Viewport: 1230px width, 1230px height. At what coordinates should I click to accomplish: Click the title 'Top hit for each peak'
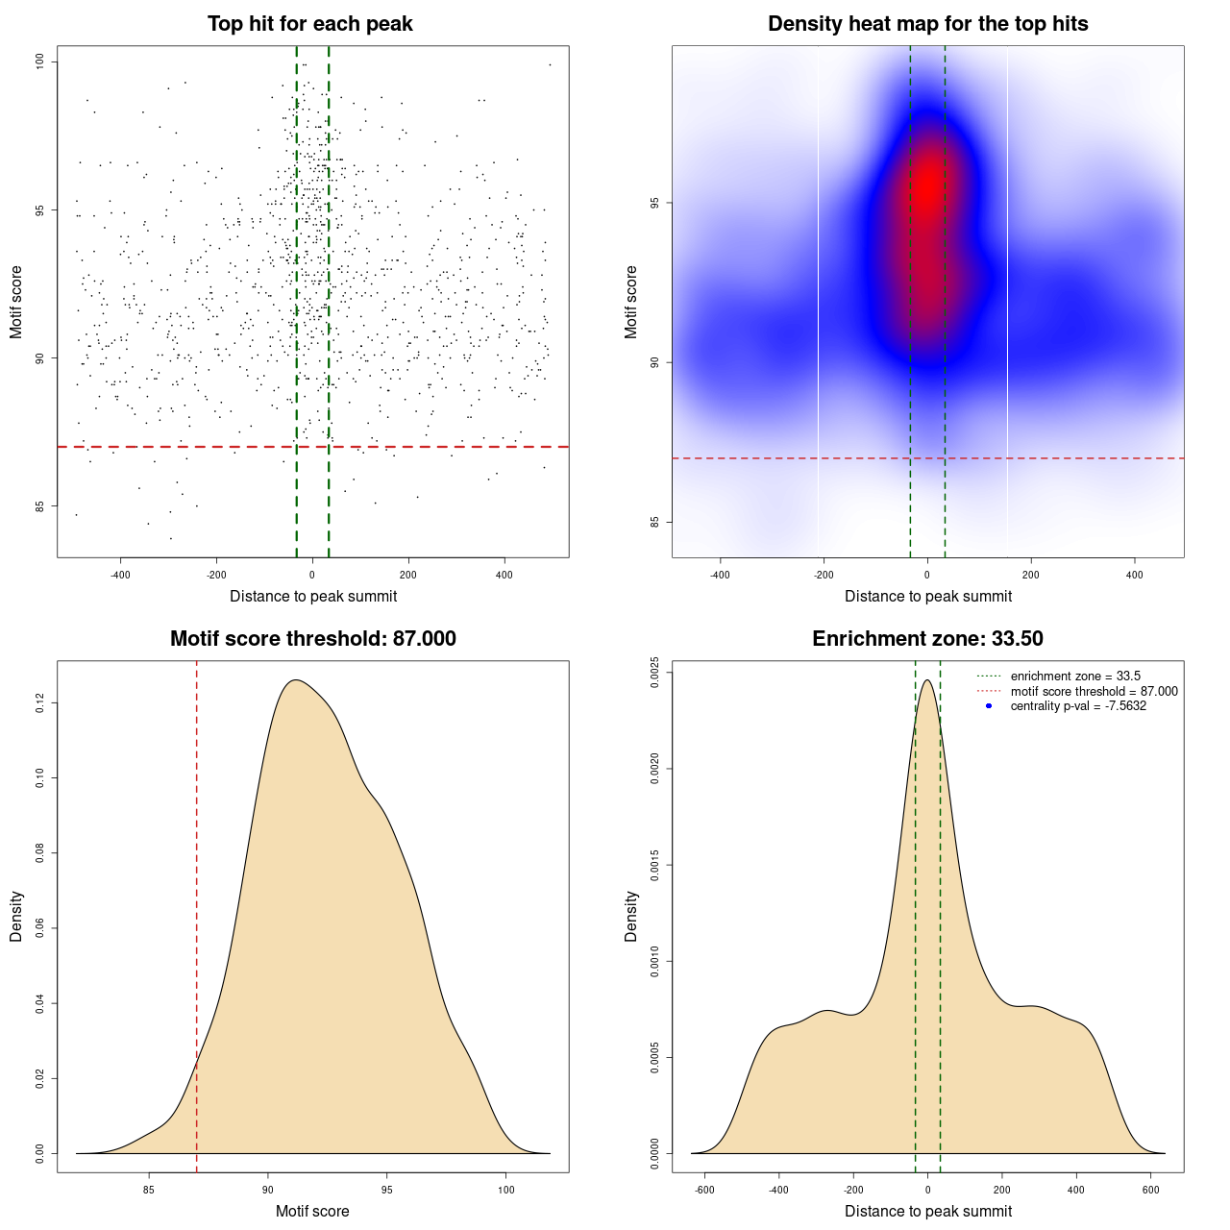pos(310,24)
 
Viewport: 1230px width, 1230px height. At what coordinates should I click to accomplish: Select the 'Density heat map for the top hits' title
pos(927,24)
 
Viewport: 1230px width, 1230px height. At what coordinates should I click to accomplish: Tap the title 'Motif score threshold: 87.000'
pos(312,639)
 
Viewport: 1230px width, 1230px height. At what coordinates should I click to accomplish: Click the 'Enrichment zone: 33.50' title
pos(927,639)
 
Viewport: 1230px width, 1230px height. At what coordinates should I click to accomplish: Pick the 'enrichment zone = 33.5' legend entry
pos(1075,676)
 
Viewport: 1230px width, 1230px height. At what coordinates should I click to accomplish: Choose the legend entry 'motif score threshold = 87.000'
pos(1094,691)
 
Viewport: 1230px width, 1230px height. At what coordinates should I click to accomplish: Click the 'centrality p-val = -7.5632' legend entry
pos(1078,706)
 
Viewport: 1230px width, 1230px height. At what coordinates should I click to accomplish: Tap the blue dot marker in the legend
pos(989,706)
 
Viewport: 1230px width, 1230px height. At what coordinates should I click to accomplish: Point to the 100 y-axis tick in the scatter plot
pos(40,61)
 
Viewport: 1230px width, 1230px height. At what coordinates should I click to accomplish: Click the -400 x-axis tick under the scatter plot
pos(121,575)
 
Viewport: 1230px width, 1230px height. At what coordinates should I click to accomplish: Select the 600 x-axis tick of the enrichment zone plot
pos(1151,1190)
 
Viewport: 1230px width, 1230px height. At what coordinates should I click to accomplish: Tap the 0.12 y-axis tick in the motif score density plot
pos(40,704)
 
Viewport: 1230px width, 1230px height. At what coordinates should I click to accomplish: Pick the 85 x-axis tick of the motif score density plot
pos(149,1190)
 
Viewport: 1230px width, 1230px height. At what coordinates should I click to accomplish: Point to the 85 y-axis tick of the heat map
pos(654,522)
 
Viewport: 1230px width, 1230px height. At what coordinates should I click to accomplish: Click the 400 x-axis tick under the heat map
pos(1135,575)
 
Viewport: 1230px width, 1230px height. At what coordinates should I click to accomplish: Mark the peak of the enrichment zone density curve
pos(927,680)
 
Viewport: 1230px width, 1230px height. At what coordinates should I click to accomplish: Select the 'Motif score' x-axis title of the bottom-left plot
pos(312,1211)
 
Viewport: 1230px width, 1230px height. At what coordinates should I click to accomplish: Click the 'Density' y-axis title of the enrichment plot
pos(631,916)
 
